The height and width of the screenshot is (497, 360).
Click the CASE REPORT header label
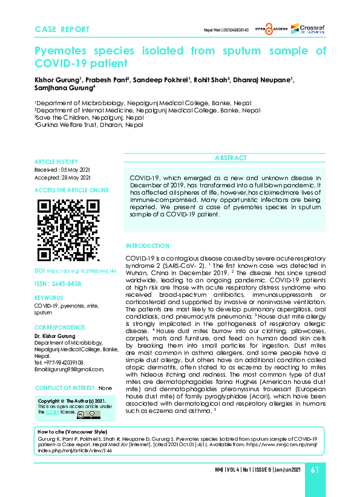62,29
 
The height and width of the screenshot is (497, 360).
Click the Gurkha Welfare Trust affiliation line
90,125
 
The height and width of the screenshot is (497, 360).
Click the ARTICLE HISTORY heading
56,162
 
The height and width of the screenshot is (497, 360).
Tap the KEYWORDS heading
48,299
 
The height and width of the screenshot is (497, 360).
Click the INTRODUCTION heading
148,246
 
